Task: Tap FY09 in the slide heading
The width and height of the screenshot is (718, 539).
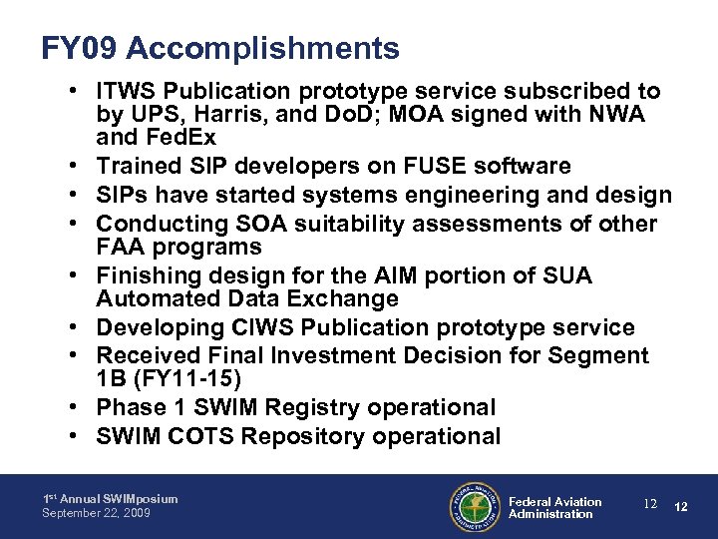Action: [84, 47]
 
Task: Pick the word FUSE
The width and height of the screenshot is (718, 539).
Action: [401, 165]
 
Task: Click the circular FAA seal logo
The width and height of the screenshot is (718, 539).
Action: [473, 507]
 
